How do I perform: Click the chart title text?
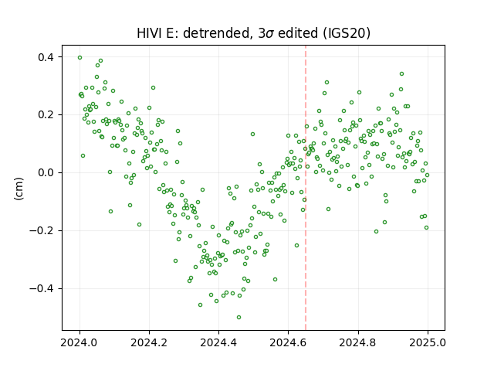point(253,33)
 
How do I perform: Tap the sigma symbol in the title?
point(270,34)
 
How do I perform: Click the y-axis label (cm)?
point(19,189)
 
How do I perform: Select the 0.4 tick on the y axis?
point(46,57)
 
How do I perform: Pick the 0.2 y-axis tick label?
point(46,115)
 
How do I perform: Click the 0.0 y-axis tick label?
point(46,173)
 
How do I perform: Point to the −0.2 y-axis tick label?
point(42,230)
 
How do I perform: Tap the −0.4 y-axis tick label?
point(42,288)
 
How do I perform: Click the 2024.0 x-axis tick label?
point(80,342)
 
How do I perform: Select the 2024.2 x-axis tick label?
point(149,342)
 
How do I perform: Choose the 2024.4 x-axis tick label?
point(218,342)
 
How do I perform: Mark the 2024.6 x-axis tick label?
point(288,342)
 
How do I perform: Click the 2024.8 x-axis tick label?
point(358,342)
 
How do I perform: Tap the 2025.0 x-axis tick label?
point(428,342)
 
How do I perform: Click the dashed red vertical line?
point(306,188)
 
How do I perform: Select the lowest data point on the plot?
point(239,318)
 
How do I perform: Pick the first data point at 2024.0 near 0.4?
point(80,58)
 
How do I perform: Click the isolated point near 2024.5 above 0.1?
point(252,134)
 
